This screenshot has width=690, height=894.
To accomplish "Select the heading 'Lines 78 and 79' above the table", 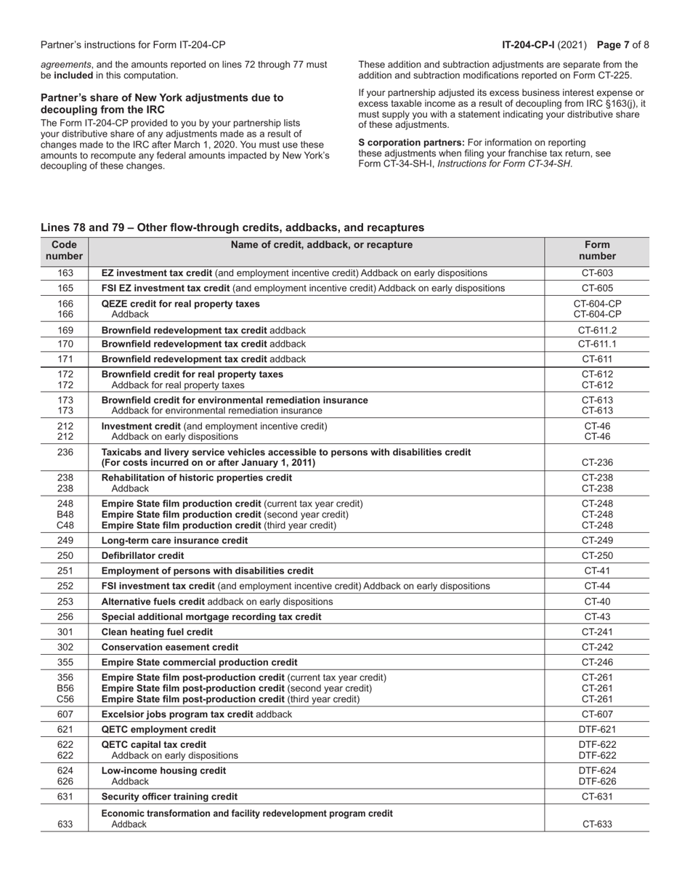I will [x=232, y=227].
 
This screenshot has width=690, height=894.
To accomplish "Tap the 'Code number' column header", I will [x=65, y=251].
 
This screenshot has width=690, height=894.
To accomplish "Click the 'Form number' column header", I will [x=597, y=251].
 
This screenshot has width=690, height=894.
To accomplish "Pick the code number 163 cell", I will [x=65, y=273].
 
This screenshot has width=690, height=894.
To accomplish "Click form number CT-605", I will [x=597, y=289].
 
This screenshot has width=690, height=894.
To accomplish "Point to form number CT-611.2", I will [x=597, y=330].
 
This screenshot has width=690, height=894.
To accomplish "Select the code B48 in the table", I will [x=65, y=515].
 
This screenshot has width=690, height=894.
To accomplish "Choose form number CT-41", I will [x=597, y=571].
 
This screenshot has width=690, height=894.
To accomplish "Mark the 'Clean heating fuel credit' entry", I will [x=157, y=632].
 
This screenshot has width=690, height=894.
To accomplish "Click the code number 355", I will [x=65, y=662].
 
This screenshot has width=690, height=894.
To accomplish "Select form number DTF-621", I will [x=597, y=729].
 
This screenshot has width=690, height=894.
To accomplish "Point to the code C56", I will [x=65, y=699].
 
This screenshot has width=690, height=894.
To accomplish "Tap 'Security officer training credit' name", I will [x=169, y=797].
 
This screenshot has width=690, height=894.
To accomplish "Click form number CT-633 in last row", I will [x=597, y=824].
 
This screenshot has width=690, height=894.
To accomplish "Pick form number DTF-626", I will [x=597, y=781].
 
